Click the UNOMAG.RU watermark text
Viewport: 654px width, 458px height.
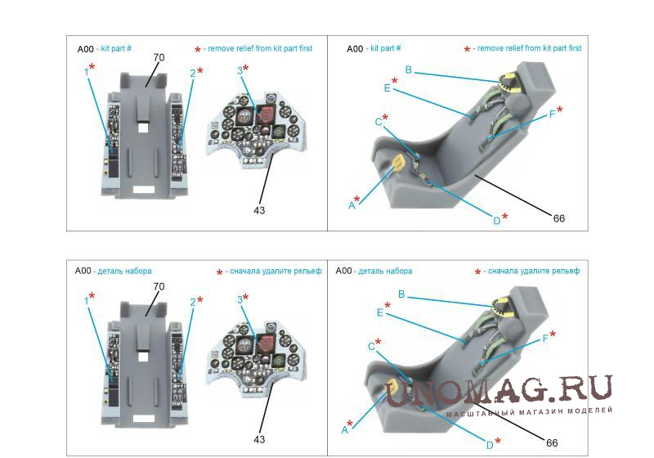pos(499,391)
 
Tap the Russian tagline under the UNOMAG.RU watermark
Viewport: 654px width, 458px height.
pos(529,411)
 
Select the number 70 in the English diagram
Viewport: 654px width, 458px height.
pos(159,57)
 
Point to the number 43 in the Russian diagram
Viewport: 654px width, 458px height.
pos(259,439)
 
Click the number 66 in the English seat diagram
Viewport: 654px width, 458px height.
pos(559,218)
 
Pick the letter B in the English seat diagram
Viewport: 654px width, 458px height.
pos(408,70)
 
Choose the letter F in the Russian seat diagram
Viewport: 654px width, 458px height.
pos(544,339)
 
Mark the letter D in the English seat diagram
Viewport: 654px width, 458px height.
pos(496,221)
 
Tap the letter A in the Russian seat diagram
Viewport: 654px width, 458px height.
pos(344,429)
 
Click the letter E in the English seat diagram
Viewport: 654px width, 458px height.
pos(387,88)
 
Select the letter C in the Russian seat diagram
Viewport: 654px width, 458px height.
pos(371,347)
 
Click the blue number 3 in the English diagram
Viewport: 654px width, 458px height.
pos(240,70)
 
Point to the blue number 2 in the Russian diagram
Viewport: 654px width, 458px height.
pos(193,303)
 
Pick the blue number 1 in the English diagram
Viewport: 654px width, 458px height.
pos(87,72)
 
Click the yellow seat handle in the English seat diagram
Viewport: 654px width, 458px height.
pos(398,162)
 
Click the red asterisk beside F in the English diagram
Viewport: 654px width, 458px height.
pos(559,110)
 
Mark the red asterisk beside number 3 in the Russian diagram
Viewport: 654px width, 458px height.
pos(245,297)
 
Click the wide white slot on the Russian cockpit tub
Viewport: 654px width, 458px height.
pos(144,420)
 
